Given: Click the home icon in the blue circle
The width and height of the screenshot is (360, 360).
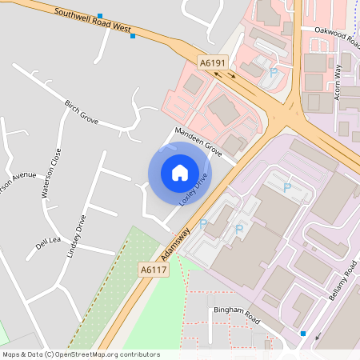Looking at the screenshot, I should (x=180, y=172).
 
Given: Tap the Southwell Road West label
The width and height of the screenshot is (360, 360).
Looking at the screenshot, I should (x=92, y=20).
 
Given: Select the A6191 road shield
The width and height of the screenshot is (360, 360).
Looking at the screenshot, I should (x=214, y=62).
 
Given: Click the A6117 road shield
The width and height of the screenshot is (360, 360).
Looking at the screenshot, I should (x=152, y=270).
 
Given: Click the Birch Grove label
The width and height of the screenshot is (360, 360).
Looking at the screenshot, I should (x=82, y=112).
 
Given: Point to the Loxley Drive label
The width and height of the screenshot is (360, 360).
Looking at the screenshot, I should (x=194, y=190).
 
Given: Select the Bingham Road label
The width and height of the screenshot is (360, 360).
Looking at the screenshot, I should (x=237, y=314).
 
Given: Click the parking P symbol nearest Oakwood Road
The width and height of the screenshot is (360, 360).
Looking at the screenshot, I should (x=274, y=73).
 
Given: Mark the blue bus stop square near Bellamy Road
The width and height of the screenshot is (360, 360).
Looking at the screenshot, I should (x=303, y=333).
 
